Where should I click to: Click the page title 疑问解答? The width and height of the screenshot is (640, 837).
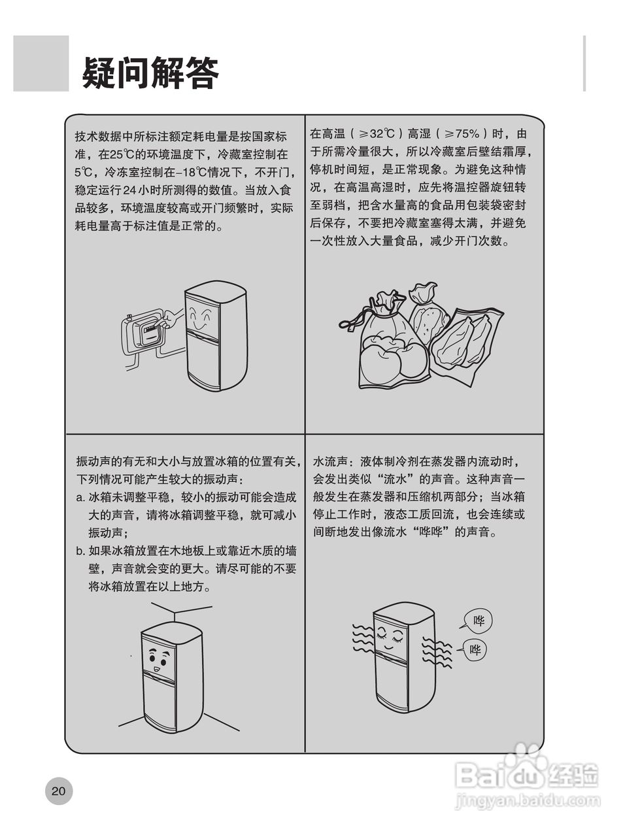click(150, 73)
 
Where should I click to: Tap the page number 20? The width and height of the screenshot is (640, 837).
click(59, 791)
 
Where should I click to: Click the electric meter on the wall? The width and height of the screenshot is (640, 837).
click(146, 332)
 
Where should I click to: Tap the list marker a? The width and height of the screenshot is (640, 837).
click(80, 498)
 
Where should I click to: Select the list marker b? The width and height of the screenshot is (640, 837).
click(80, 551)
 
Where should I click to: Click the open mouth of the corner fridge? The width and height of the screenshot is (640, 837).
click(156, 669)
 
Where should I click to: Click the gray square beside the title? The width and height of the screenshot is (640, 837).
click(41, 63)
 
